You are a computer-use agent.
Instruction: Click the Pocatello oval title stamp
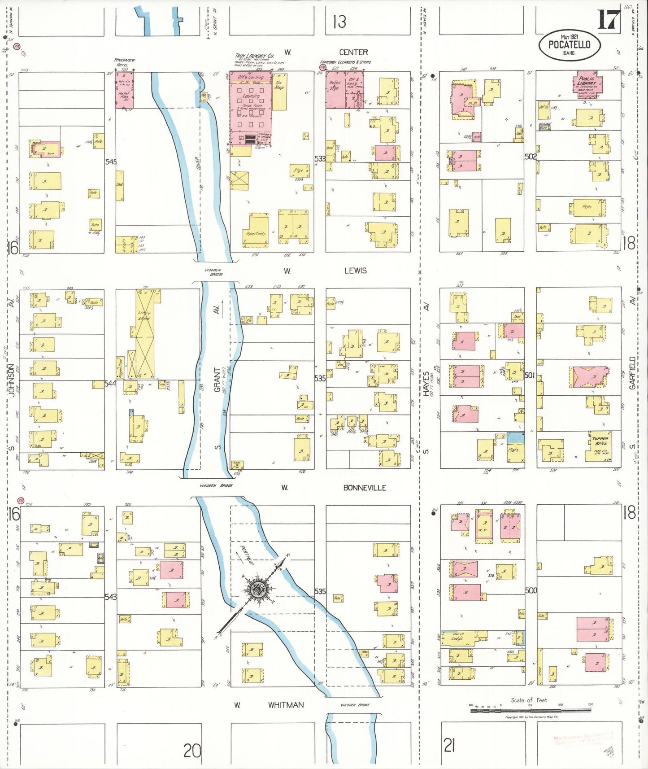pos(569,45)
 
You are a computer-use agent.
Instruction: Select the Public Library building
pos(587,84)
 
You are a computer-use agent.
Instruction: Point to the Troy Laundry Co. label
pos(254,56)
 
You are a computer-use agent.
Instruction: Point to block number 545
pos(111,162)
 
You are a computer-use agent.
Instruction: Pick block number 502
pos(531,157)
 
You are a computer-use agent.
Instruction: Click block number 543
pos(110,597)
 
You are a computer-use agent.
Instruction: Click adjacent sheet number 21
pos(449,746)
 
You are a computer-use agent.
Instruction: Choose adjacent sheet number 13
pos(339,22)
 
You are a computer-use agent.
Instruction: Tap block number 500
pos(531,590)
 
